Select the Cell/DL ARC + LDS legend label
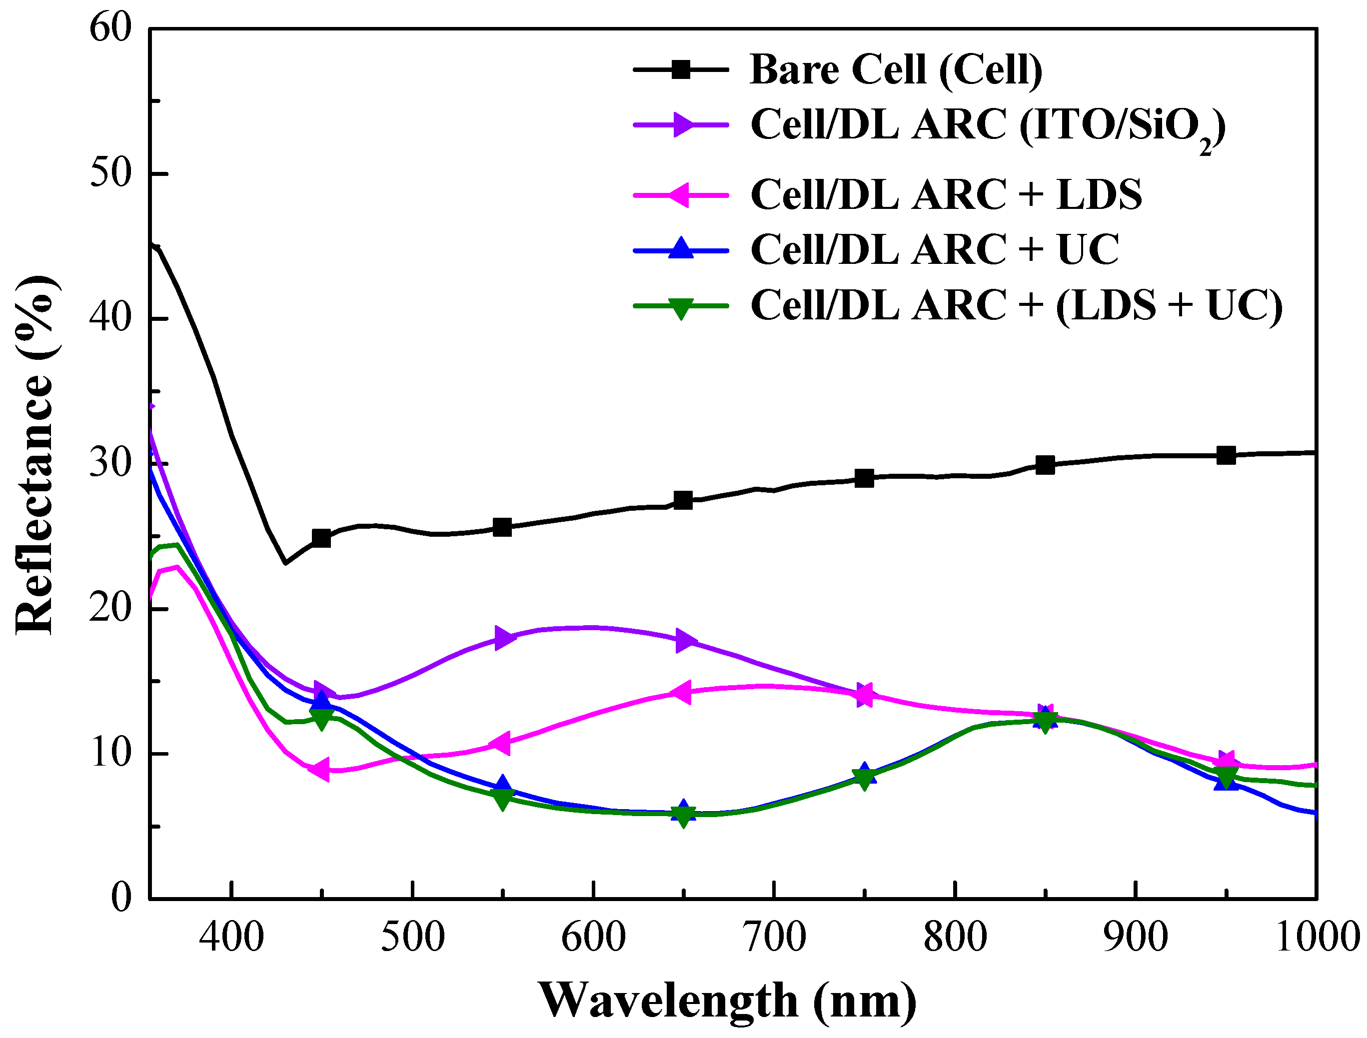point(946,194)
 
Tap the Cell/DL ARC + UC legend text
point(934,250)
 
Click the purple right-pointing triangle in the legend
point(682,125)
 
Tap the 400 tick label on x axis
point(231,938)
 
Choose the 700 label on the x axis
point(774,938)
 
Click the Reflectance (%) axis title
point(36,455)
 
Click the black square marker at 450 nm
point(321,538)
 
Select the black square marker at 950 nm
point(1226,456)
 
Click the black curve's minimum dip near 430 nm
point(285,563)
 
